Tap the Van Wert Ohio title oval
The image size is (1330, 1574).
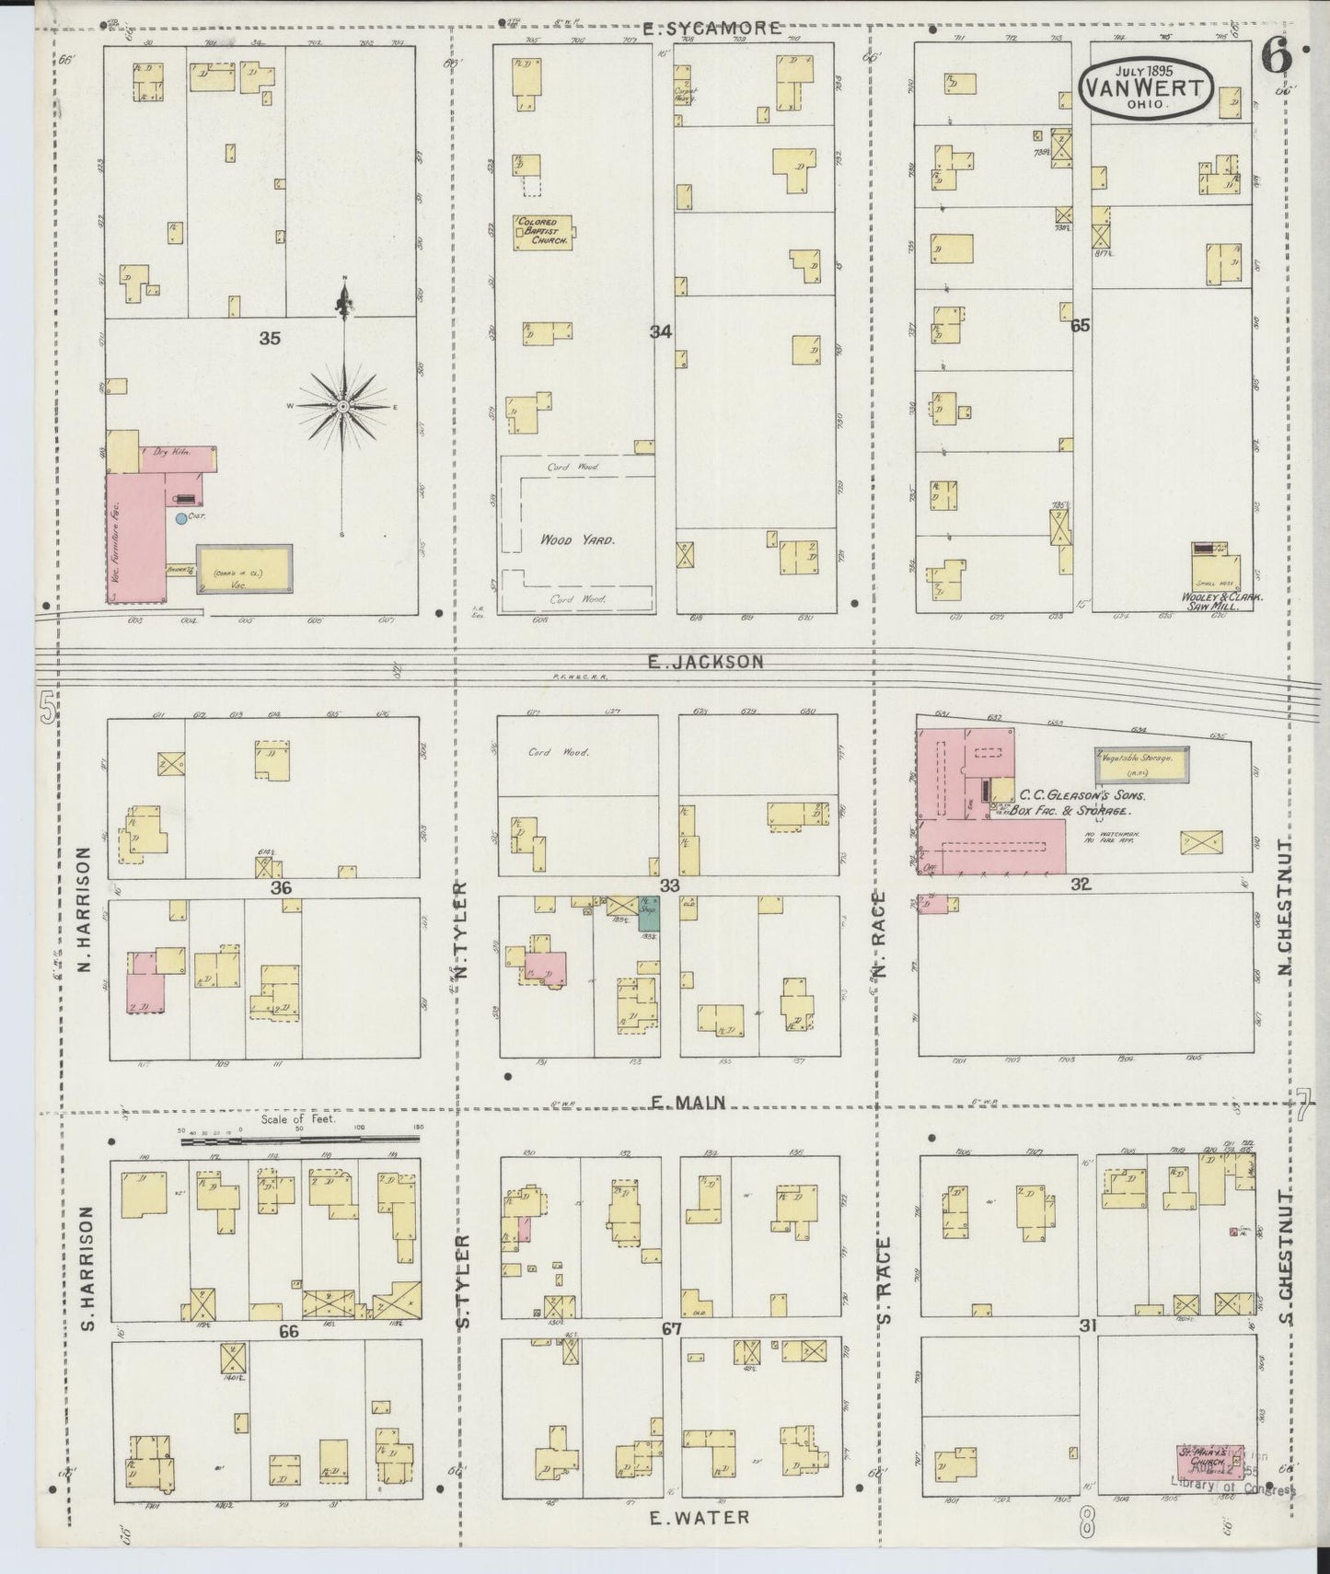1145,88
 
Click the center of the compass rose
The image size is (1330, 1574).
343,405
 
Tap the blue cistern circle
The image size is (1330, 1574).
180,519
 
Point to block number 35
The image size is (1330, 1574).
269,338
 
